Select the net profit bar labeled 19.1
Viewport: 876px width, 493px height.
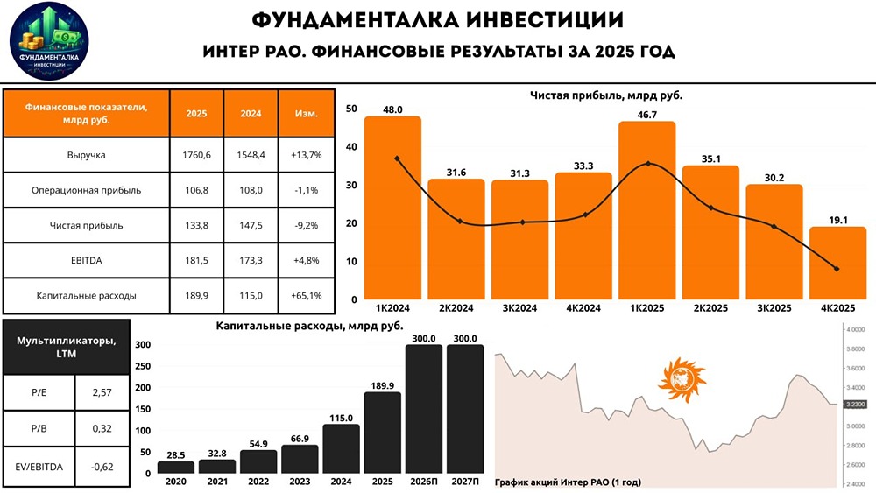[837, 263]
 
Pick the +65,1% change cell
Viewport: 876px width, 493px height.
[306, 295]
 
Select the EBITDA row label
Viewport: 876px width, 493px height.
[86, 260]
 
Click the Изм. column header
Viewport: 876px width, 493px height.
[306, 113]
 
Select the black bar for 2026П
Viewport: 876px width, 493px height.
[423, 409]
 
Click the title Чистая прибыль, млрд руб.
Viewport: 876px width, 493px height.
[606, 95]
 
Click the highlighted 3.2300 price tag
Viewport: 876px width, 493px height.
[852, 404]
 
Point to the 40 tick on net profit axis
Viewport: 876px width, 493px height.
[351, 147]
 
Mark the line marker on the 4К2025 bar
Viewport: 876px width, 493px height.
[837, 269]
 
